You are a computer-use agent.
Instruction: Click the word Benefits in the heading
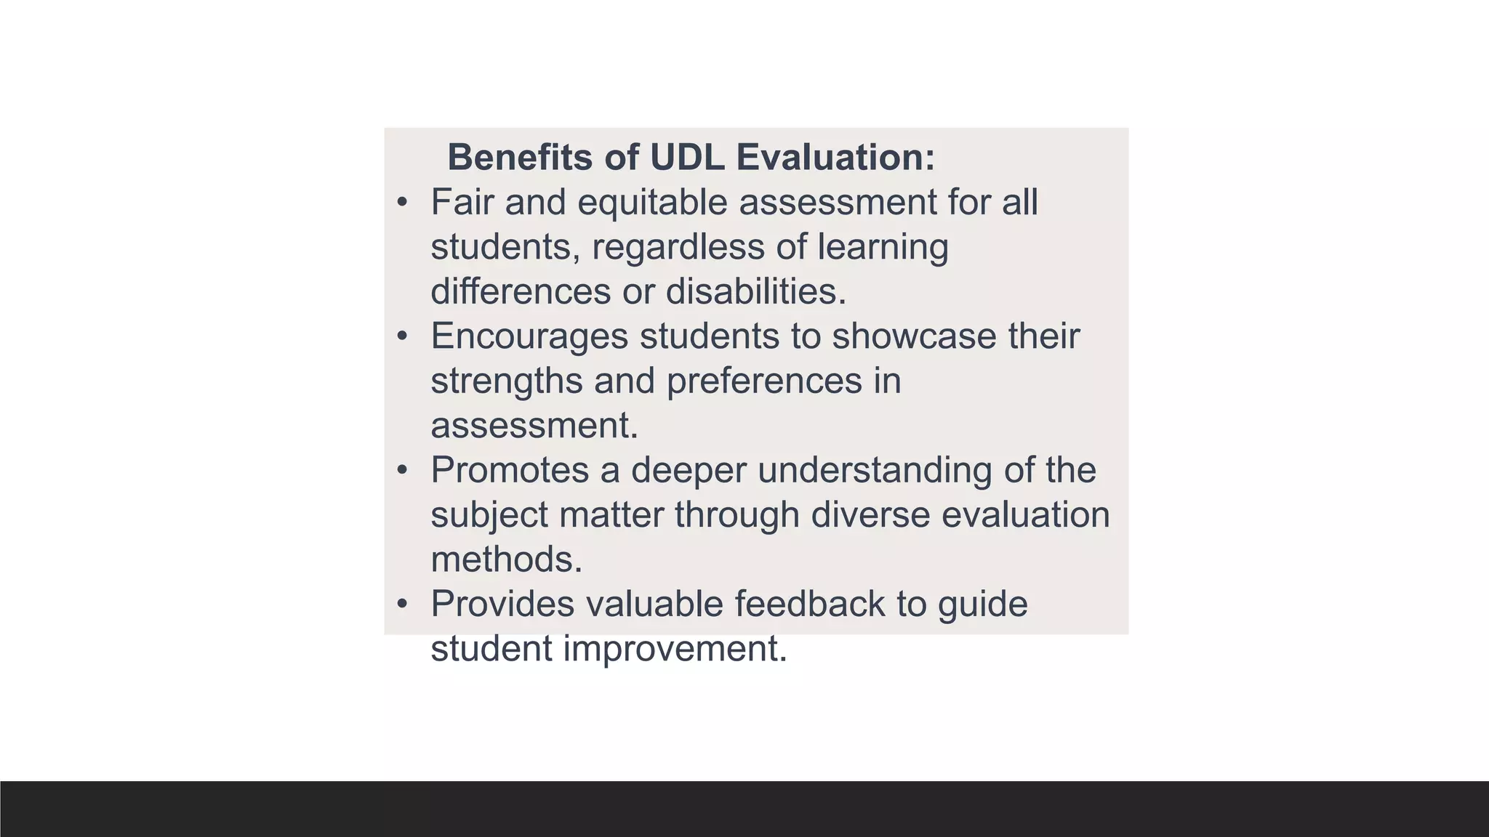coord(519,157)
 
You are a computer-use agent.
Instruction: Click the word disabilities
coord(756,291)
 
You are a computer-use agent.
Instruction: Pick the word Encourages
coord(529,336)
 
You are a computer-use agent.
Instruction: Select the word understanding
coord(875,470)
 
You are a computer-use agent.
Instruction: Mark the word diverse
coord(870,515)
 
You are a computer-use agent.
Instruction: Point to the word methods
coord(506,559)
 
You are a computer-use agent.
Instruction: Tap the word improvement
coord(675,649)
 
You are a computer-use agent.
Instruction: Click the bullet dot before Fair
coord(402,202)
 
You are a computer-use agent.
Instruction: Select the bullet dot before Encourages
coord(402,336)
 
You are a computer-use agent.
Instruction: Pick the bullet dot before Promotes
coord(402,470)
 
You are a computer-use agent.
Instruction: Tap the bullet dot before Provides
coord(402,604)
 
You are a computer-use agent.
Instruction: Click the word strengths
coord(506,381)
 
